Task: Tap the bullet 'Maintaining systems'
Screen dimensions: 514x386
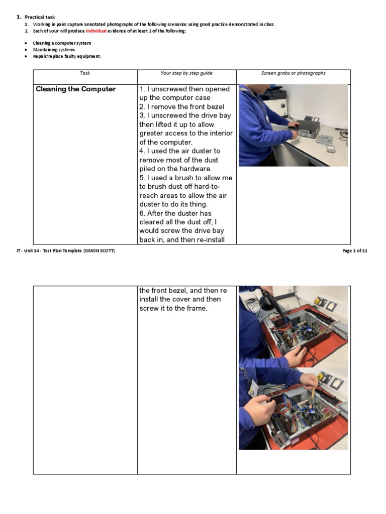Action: coord(54,50)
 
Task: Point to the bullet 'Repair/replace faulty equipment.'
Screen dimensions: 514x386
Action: coord(67,56)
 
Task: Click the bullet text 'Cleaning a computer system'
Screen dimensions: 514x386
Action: coord(62,43)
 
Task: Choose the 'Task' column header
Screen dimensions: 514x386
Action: coord(85,73)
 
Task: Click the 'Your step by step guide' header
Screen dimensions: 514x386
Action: coord(186,73)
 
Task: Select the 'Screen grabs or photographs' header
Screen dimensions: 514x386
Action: coord(293,73)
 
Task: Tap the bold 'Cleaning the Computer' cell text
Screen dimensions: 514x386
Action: coord(75,89)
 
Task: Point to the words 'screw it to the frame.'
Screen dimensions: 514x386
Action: coord(173,308)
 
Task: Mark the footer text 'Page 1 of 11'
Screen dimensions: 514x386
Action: coord(354,251)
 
